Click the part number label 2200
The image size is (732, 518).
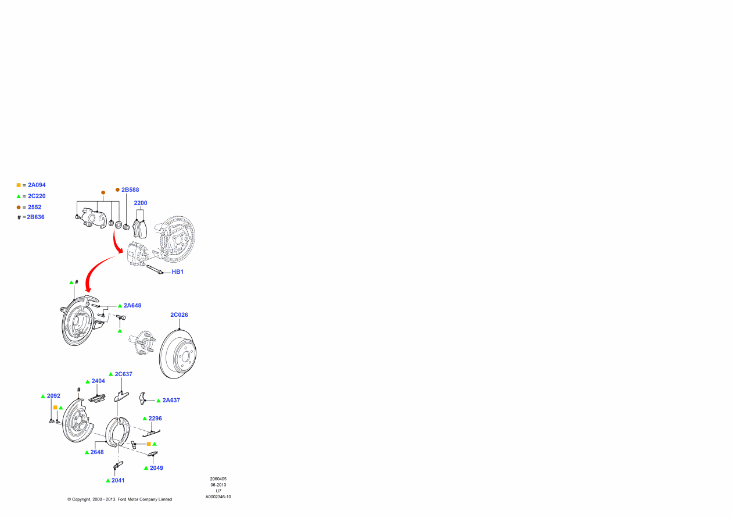[x=141, y=203]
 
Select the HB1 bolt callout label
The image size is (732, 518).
[x=177, y=272]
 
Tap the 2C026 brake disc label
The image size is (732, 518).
[x=179, y=315]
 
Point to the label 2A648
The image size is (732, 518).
[x=132, y=305]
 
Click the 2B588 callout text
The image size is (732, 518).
[x=130, y=190]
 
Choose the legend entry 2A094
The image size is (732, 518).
[x=37, y=185]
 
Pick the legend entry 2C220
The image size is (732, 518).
[x=37, y=196]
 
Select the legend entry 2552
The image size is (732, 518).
[x=34, y=207]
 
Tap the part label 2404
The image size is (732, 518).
[x=98, y=381]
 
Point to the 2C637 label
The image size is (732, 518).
[x=124, y=374]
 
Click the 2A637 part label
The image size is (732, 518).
[x=171, y=400]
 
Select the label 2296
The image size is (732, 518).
[x=155, y=419]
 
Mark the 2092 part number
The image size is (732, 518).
[x=53, y=396]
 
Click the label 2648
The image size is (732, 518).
[x=97, y=452]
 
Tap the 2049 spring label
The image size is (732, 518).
[x=156, y=467]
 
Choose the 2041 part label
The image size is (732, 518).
[x=119, y=480]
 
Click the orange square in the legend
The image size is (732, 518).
[x=19, y=185]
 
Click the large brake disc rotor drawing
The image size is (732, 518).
[x=178, y=354]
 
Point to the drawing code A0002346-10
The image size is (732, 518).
[x=218, y=497]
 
